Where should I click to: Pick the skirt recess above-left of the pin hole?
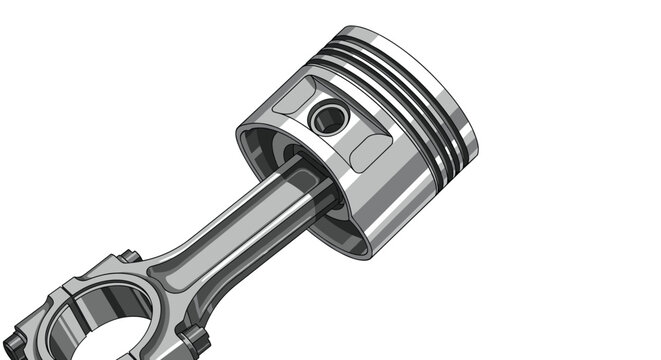293,99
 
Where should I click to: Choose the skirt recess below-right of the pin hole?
370,151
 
